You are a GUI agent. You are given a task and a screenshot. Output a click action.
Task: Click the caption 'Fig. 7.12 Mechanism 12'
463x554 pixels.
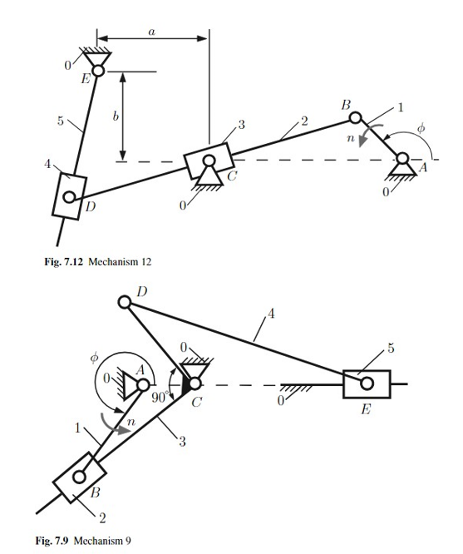click(97, 262)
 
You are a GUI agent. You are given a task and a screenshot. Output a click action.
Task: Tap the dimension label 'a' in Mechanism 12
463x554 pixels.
click(151, 30)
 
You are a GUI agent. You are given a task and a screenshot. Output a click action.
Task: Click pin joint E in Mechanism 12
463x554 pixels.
click(98, 72)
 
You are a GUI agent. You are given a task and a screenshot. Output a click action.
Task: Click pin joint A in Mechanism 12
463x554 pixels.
click(403, 159)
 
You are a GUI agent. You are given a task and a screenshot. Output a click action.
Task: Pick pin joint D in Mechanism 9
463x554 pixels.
click(125, 302)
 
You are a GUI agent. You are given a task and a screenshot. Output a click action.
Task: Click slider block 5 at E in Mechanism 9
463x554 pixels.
click(366, 383)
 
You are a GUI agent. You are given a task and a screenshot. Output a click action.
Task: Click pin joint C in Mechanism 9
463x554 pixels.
click(193, 383)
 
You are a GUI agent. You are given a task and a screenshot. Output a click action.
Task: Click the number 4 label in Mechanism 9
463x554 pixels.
click(268, 314)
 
